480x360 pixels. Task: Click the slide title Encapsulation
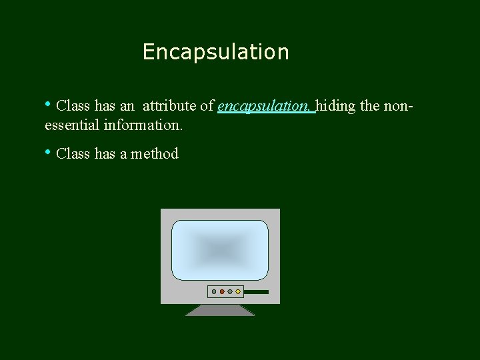(x=215, y=52)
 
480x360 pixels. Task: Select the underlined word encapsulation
(x=265, y=106)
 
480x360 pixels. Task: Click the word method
(x=155, y=154)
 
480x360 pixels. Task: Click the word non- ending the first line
(x=399, y=106)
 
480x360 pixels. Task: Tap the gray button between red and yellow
(x=230, y=291)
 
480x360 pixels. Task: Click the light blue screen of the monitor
(x=220, y=250)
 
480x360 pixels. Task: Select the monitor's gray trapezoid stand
(x=220, y=310)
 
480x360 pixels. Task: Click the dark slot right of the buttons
(x=256, y=291)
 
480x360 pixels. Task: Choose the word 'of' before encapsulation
(x=207, y=106)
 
